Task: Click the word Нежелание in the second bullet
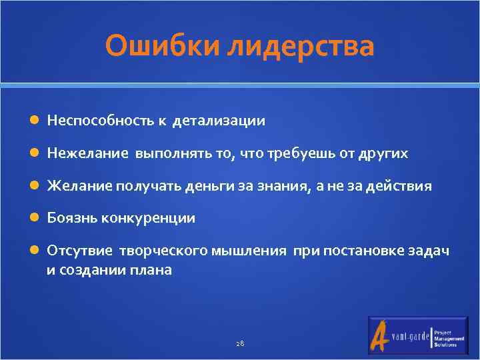pyautogui.click(x=87, y=153)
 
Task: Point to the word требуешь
pyautogui.click(x=300, y=153)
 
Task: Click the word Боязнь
pyautogui.click(x=68, y=218)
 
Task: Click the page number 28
pyautogui.click(x=240, y=343)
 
